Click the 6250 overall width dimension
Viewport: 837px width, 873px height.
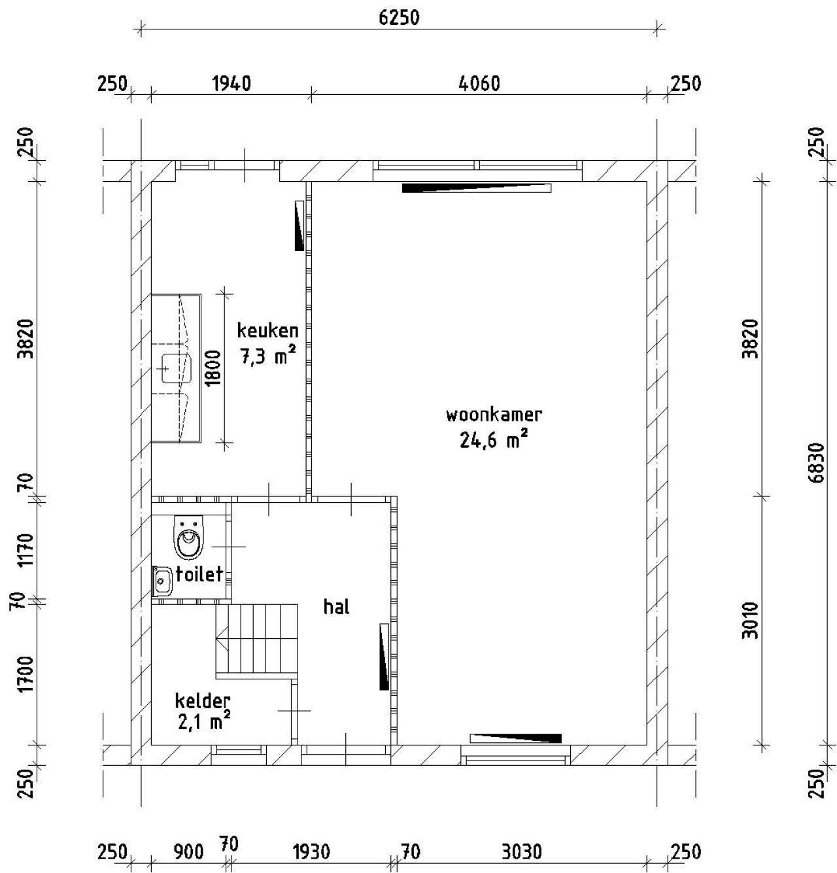pos(399,18)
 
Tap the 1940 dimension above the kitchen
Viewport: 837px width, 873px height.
pos(231,84)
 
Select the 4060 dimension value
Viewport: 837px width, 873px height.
pos(479,84)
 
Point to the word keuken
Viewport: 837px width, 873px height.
pos(267,331)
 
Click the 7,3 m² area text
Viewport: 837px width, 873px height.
pos(268,356)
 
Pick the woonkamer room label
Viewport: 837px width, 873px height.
pos(494,415)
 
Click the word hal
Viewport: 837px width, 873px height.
pos(336,607)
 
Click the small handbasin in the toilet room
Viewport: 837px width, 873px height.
pos(162,582)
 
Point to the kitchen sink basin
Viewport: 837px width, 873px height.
pos(177,368)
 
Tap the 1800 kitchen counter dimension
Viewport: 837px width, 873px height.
pos(214,368)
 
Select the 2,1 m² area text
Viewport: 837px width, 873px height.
pos(205,723)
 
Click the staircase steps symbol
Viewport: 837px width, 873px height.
pos(257,641)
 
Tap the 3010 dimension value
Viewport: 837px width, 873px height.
pos(750,621)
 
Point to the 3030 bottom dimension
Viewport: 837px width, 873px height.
pos(522,851)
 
